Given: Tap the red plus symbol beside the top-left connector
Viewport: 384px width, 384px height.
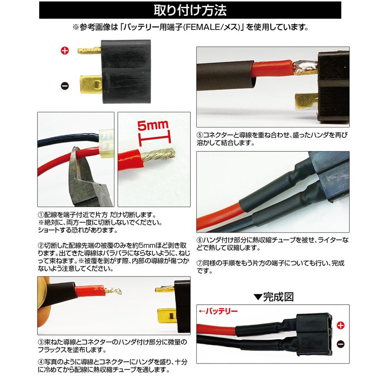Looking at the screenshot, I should click(65, 51).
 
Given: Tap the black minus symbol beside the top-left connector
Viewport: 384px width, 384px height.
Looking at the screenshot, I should click(65, 85).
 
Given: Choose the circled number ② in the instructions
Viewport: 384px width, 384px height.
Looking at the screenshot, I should click(41, 246).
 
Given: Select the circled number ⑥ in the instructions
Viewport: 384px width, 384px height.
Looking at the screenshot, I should click(199, 240).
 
